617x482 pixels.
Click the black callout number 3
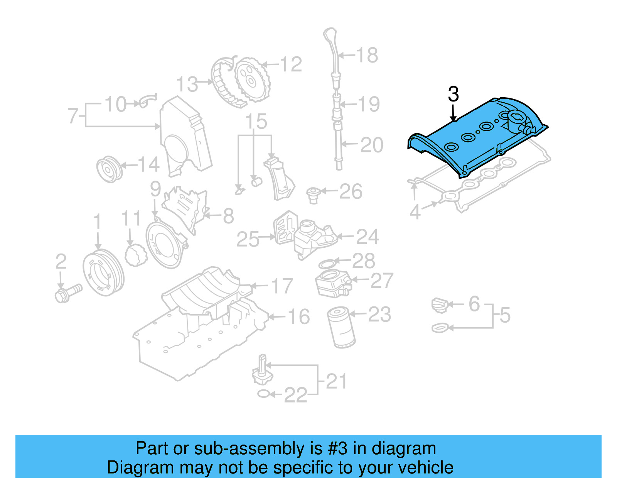pos(453,95)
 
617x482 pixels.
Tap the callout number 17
pos(282,286)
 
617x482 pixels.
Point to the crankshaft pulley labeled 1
pos(103,272)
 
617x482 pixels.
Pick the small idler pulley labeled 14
pos(109,169)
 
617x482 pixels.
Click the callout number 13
pos(187,85)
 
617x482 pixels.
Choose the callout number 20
pos(372,145)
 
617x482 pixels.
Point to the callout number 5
pos(505,315)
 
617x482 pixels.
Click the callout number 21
pos(336,382)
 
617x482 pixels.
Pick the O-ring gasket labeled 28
pos(327,264)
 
